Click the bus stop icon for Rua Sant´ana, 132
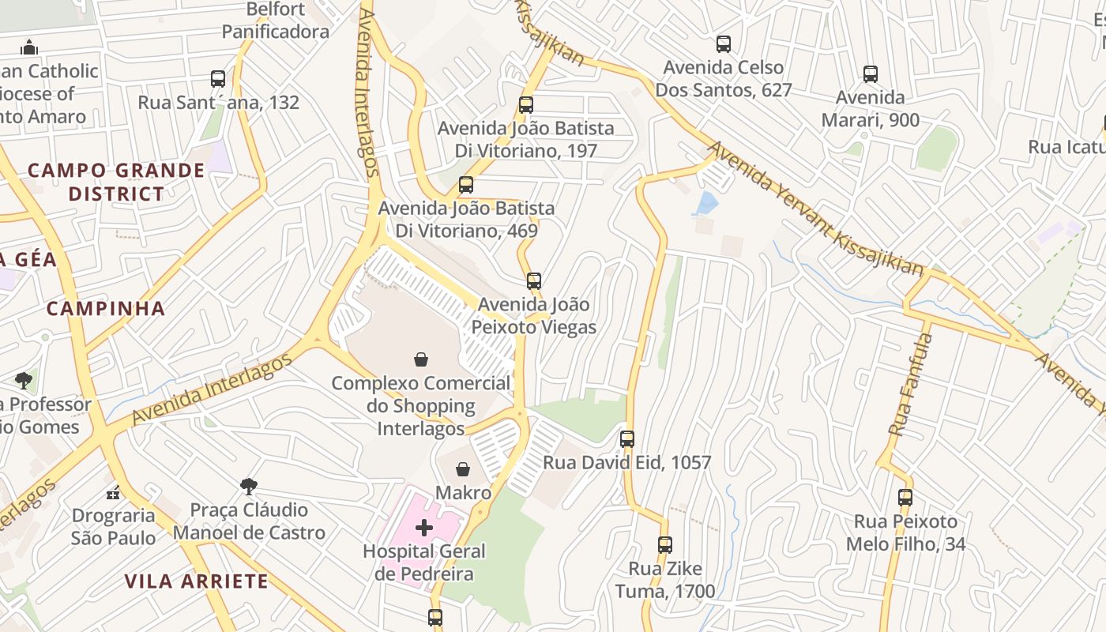[x=218, y=79]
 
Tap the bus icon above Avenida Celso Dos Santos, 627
[x=723, y=44]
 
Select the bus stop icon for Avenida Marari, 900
[x=870, y=74]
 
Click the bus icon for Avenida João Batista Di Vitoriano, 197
[x=525, y=104]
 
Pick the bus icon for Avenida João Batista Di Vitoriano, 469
[x=466, y=185]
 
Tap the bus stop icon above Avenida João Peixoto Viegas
[x=534, y=280]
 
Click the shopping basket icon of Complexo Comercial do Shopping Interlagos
[x=421, y=359]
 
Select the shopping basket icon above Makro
[x=463, y=469]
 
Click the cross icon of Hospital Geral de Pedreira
[x=424, y=527]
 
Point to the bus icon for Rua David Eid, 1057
[x=626, y=438]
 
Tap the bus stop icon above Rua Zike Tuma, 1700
[x=664, y=544]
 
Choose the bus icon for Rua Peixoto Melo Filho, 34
[x=905, y=498]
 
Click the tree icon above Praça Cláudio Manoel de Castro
[x=249, y=485]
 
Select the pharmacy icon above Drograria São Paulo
[x=113, y=492]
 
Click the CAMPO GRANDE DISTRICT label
[x=116, y=182]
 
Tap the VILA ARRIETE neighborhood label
[x=196, y=581]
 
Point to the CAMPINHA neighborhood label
[x=106, y=308]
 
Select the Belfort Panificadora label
[x=275, y=21]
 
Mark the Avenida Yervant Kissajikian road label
[x=814, y=209]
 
